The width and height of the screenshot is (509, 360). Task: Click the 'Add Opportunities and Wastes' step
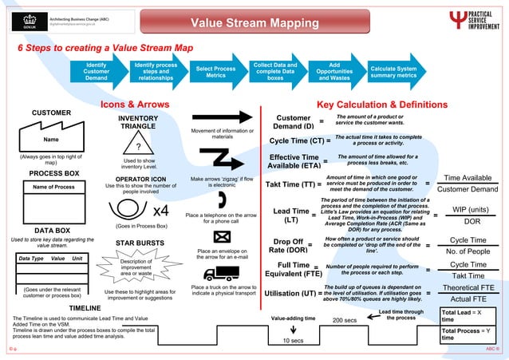pos(334,71)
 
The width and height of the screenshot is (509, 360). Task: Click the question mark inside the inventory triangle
pos(138,147)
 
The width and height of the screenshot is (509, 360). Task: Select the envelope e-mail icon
pos(222,236)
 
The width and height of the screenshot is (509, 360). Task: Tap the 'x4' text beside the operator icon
pos(160,211)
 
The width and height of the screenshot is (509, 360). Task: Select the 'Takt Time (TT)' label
pos(293,185)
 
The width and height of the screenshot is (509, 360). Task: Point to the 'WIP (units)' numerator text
pos(472,209)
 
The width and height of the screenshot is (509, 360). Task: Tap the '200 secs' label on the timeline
pos(344,320)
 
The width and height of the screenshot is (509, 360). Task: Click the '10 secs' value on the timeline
pos(294,341)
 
